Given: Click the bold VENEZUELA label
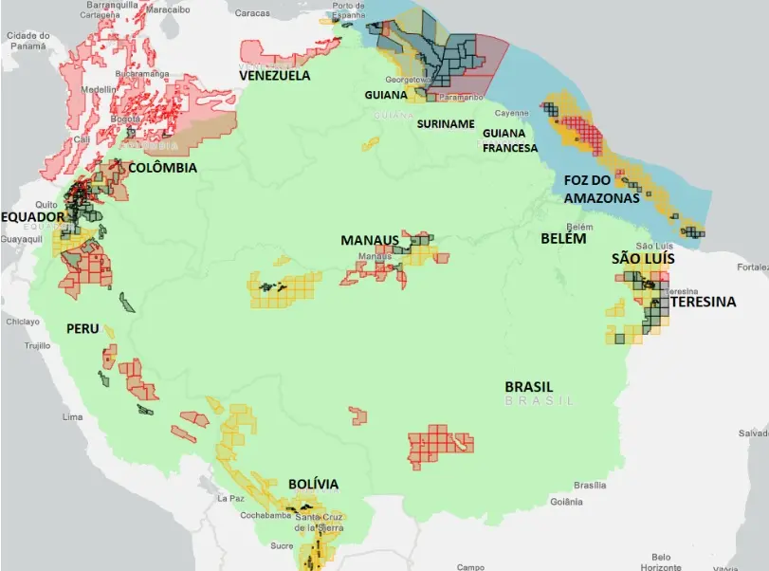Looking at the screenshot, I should click(275, 75).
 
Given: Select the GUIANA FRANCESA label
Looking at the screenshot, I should click(509, 140).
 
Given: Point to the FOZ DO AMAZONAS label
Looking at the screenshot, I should click(595, 189).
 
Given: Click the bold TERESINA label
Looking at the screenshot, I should click(703, 302).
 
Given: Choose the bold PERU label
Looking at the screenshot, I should click(82, 328).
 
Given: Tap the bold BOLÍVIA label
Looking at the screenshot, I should click(313, 484).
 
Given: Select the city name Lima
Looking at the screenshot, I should click(72, 416).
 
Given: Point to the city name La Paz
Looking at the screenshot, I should click(231, 498).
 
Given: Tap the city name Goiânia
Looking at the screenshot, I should click(565, 501).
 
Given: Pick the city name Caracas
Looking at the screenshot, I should click(252, 13).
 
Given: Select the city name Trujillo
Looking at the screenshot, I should click(37, 345).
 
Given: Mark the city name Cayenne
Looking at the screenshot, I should click(511, 113).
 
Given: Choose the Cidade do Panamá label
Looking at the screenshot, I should click(27, 41).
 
